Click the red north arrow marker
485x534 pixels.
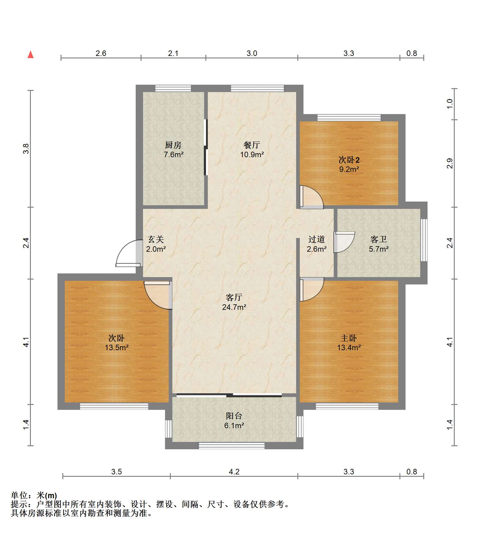(31, 54)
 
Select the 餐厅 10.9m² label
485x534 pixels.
(252, 150)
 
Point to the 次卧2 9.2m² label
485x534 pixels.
(349, 164)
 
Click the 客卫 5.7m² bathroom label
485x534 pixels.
(379, 244)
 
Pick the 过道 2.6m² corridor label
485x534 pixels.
(317, 244)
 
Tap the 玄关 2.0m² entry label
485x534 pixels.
(156, 244)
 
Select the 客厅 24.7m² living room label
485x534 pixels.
(234, 302)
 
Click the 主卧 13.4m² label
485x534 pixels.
(349, 343)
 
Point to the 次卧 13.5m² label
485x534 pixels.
(116, 343)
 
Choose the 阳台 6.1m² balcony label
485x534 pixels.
(234, 421)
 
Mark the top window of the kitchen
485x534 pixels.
(173, 88)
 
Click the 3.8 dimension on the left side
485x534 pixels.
(26, 149)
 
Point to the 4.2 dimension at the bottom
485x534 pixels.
(234, 472)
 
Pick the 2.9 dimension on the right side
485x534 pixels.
(450, 164)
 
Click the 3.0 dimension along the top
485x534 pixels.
(252, 53)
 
